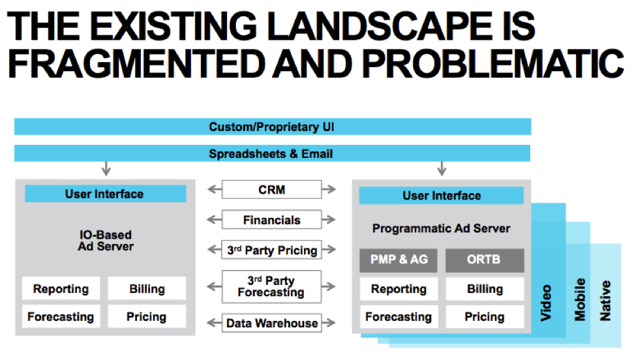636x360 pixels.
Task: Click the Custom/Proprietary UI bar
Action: pos(272,127)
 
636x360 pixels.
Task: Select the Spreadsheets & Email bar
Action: pos(272,154)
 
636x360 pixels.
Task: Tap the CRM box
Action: pos(272,190)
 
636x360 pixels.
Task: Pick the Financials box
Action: pos(272,220)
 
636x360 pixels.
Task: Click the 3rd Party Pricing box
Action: pos(272,250)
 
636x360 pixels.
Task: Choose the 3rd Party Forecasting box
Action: pos(272,286)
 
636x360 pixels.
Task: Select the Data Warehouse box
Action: pos(272,323)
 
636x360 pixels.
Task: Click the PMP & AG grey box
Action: pos(399,260)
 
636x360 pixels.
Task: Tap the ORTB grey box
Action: pos(485,260)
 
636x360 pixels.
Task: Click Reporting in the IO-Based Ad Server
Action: pos(61,289)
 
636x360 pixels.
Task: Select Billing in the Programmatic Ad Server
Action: pos(485,289)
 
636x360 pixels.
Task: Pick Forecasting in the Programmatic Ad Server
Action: pos(399,317)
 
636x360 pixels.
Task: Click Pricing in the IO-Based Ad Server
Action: pos(146,317)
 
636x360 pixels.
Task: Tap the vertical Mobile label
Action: pos(579,299)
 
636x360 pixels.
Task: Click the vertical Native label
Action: pos(606,301)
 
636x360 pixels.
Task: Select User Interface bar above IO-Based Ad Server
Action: pos(105,194)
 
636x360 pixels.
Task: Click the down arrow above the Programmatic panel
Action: pos(442,170)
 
